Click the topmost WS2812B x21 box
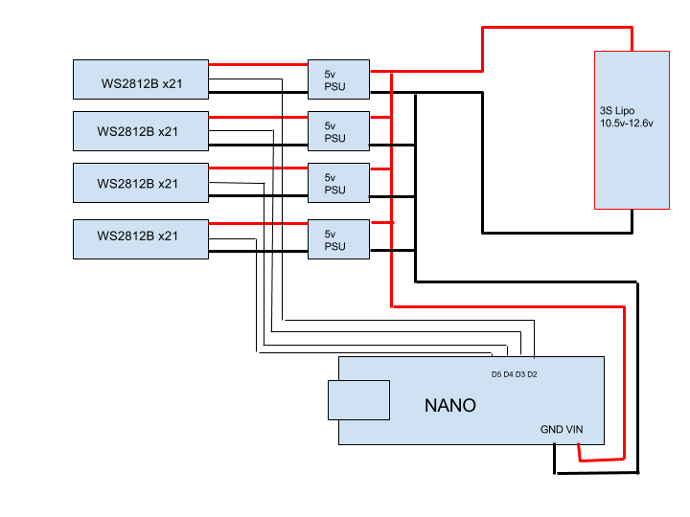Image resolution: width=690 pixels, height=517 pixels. click(141, 79)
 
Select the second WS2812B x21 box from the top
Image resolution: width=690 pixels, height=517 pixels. click(141, 131)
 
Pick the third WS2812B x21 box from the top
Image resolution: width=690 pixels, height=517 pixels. click(141, 183)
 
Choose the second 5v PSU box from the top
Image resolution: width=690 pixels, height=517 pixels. click(338, 131)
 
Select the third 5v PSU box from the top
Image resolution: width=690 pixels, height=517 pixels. click(338, 183)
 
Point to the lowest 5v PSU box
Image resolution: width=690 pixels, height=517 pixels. click(338, 239)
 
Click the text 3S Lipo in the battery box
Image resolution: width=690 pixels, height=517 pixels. click(618, 111)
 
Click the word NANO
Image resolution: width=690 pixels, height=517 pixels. click(449, 405)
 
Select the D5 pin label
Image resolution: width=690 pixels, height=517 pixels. click(496, 374)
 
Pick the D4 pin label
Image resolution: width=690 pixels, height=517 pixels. click(509, 374)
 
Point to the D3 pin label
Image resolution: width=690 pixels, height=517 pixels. click(520, 374)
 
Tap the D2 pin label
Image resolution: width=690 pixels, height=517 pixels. click(532, 374)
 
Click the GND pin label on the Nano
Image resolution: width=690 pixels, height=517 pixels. click(551, 430)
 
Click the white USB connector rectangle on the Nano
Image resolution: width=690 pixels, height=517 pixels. click(359, 399)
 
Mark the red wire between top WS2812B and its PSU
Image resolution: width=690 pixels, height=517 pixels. click(258, 65)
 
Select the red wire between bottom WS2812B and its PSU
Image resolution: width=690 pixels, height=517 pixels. click(258, 224)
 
